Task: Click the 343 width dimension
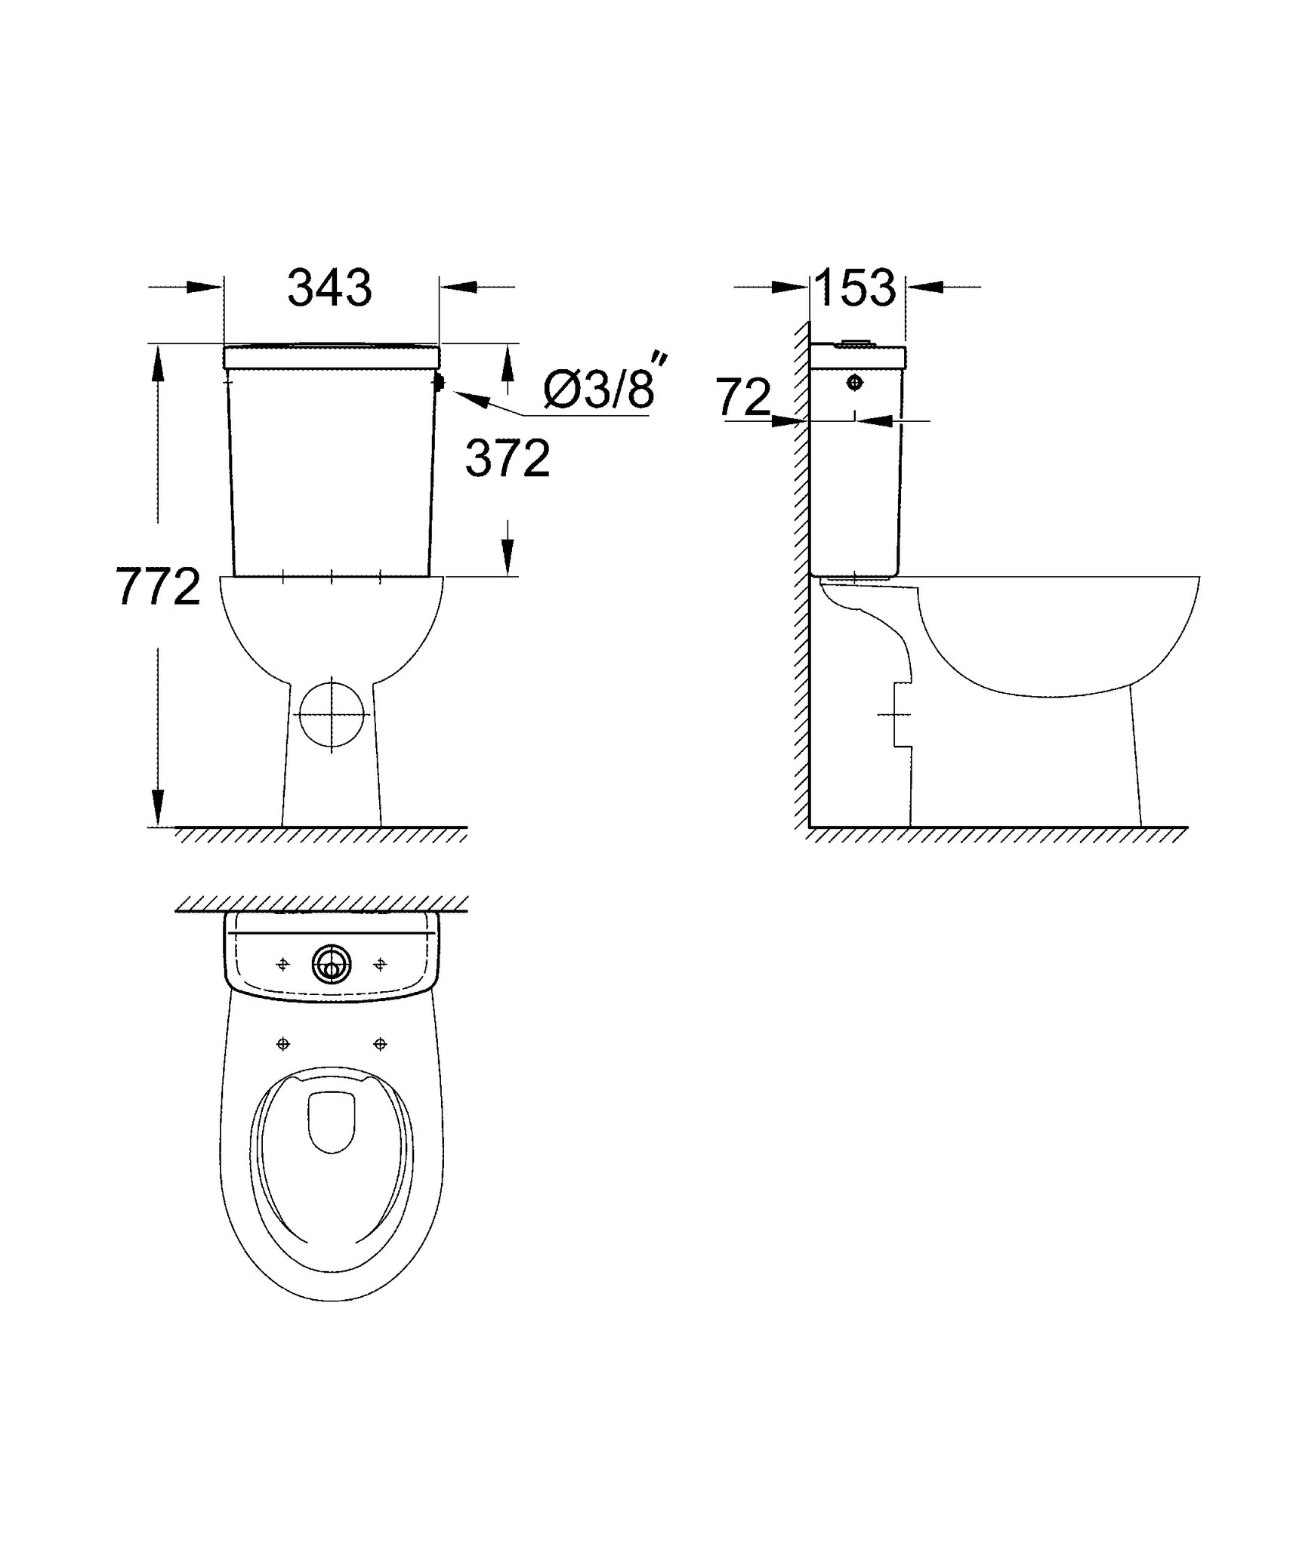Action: pyautogui.click(x=330, y=288)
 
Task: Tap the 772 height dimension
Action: pyautogui.click(x=159, y=587)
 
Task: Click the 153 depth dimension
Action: pyautogui.click(x=856, y=288)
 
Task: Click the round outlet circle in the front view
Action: pyautogui.click(x=332, y=713)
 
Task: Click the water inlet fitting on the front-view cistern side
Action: pyautogui.click(x=439, y=383)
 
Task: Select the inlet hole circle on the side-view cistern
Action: pyautogui.click(x=855, y=383)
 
